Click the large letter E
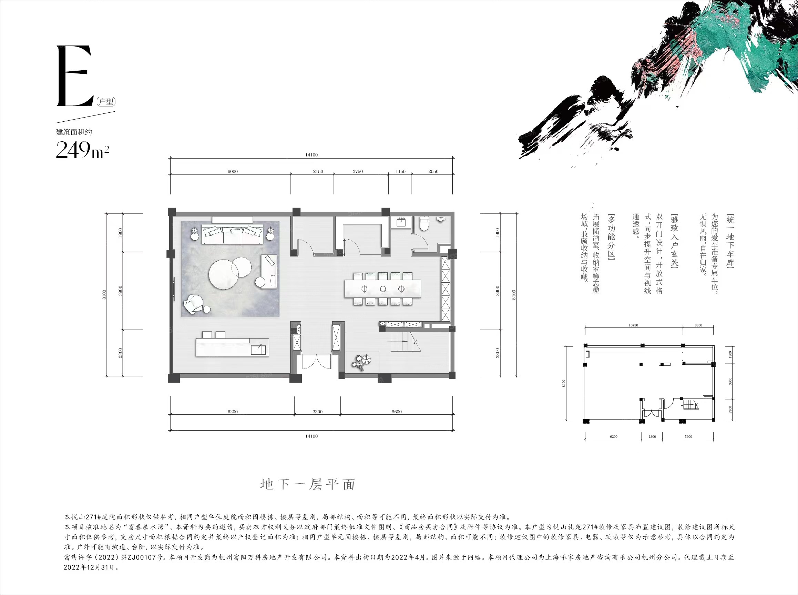(74, 76)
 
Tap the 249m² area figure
(82, 150)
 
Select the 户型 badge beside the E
(106, 102)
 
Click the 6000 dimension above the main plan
(233, 171)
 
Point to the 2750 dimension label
(358, 171)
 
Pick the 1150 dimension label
(401, 171)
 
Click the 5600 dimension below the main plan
(397, 412)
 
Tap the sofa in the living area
(233, 234)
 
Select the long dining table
(382, 289)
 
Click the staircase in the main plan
(404, 341)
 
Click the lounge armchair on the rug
(195, 304)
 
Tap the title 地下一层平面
(308, 484)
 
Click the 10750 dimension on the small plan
(633, 325)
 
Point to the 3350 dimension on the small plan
(698, 325)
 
